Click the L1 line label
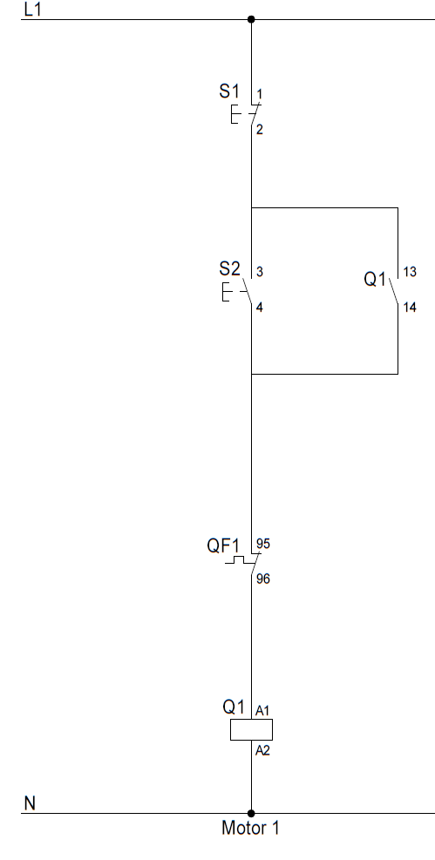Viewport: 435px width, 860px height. pos(32,10)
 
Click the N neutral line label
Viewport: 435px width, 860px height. pos(30,803)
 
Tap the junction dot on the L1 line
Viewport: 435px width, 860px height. pos(251,19)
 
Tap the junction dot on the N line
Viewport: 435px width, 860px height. pos(251,813)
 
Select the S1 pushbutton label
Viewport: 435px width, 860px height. pos(228,91)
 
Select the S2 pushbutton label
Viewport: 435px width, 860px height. pos(229,268)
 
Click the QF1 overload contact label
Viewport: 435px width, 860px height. pos(222,545)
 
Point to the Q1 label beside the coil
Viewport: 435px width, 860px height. pos(233,707)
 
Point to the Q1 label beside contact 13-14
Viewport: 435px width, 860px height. pos(375,279)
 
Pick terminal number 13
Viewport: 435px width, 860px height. pos(410,272)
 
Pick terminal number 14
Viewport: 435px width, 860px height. pos(410,308)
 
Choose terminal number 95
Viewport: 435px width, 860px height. pos(263,544)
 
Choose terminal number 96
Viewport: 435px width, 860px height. pos(263,579)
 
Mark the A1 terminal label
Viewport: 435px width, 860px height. pos(262,711)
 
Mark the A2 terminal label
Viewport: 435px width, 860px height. pos(262,750)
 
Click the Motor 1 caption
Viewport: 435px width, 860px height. pos(250,828)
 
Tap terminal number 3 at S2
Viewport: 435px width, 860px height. pos(260,272)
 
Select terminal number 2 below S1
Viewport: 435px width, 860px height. pos(260,130)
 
